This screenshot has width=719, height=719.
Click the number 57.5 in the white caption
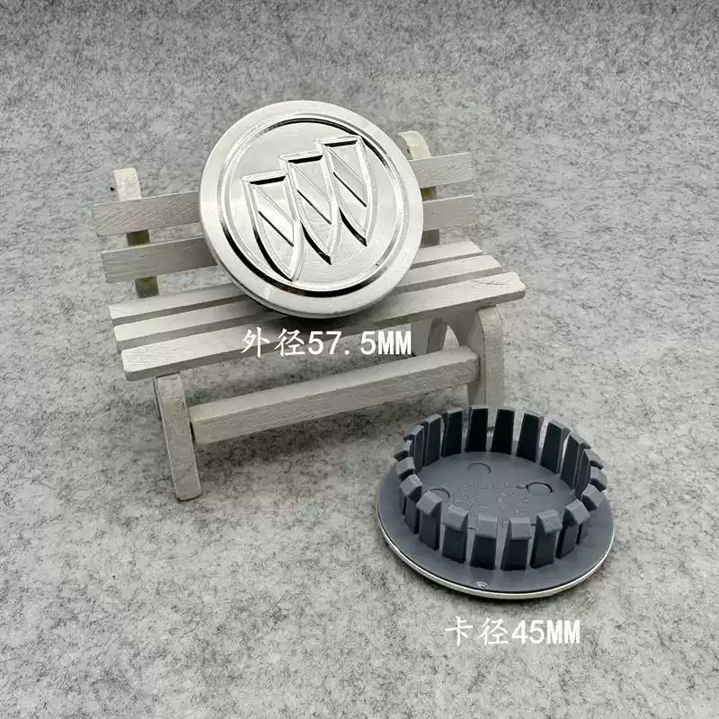point(341,343)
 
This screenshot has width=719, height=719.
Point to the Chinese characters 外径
point(273,342)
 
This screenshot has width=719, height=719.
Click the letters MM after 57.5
point(393,343)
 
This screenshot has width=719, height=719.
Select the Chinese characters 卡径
point(477,632)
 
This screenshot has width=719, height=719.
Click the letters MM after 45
point(563,633)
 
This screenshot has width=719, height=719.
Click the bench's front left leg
point(177,436)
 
